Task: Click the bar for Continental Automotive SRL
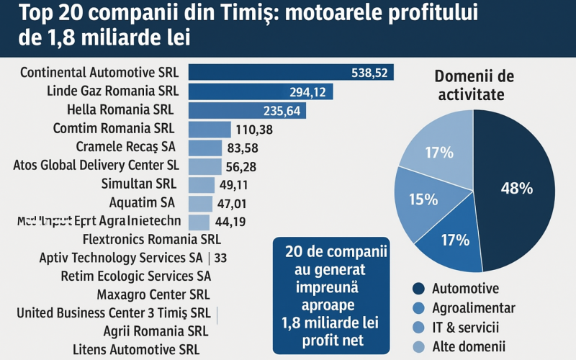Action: point(288,73)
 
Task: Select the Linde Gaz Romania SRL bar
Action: point(259,91)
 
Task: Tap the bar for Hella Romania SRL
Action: point(246,110)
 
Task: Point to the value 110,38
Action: point(254,130)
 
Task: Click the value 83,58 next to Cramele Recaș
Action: point(243,148)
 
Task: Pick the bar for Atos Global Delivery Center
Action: point(204,166)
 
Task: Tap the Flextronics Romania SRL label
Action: point(152,239)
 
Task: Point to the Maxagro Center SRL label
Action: point(153,294)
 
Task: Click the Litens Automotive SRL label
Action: point(136,349)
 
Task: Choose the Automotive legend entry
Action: point(464,289)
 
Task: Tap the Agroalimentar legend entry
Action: point(473,308)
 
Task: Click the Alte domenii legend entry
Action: point(469,347)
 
